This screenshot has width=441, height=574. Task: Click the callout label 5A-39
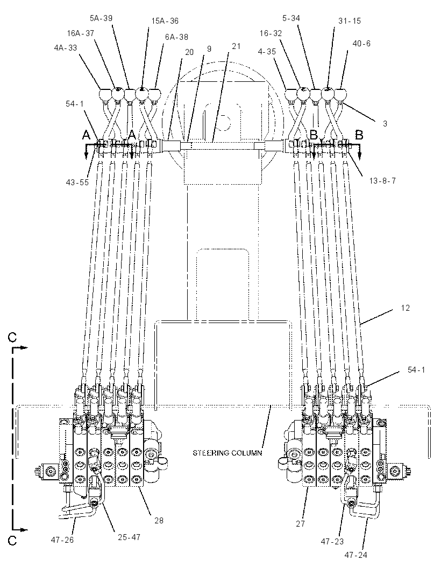[x=101, y=18]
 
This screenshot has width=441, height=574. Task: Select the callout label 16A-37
[x=81, y=33]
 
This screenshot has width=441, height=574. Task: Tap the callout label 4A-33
[x=66, y=47]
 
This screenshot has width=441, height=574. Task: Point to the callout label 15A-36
[x=165, y=21]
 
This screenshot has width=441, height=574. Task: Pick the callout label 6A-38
[x=176, y=37]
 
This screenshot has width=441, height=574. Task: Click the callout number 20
[x=189, y=52]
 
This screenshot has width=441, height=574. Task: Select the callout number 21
[x=236, y=46]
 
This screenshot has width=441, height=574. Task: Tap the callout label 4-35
[x=267, y=52]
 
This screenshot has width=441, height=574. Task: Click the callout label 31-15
[x=349, y=21]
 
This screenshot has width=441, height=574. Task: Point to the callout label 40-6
[x=361, y=44]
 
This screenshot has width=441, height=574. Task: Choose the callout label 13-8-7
[x=382, y=181]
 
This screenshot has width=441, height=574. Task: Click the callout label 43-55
[x=77, y=183]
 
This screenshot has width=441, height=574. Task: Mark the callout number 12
[x=405, y=308]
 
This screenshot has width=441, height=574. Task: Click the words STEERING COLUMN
[x=227, y=453]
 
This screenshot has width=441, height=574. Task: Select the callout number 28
[x=159, y=520]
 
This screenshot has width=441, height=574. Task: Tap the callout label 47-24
[x=355, y=555]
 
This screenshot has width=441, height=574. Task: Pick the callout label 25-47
[x=129, y=537]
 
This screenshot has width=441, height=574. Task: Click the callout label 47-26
[x=62, y=540]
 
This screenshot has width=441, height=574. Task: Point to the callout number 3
[x=385, y=124]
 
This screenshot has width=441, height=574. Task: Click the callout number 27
[x=300, y=524]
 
